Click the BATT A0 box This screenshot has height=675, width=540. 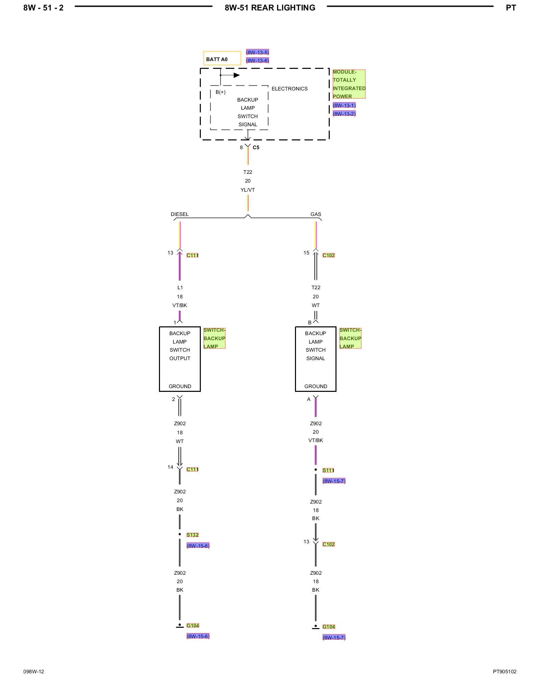tap(222, 58)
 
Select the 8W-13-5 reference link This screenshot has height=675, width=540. tap(258, 52)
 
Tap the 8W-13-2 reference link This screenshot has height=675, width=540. tap(344, 114)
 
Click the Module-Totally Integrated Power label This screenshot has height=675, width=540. tap(349, 84)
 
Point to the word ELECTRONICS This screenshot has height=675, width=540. tap(290, 89)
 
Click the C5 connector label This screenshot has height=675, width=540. tap(256, 147)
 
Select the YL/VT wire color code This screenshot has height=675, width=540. tap(248, 190)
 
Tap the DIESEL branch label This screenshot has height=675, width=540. tap(180, 214)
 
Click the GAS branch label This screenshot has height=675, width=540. tap(316, 214)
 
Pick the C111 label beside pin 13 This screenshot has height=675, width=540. tap(192, 255)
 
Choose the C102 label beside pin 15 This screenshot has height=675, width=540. tap(328, 255)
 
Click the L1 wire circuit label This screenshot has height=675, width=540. tap(180, 288)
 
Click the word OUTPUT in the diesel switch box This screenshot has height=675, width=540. tap(180, 358)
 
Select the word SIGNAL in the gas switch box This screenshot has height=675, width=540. tap(316, 358)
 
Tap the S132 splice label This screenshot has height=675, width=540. tap(192, 535)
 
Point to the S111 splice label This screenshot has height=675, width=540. tap(328, 470)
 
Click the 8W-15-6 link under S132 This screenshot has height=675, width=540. tap(198, 546)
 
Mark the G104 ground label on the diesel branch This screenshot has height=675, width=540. tap(193, 625)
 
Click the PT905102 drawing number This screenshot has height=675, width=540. tap(505, 672)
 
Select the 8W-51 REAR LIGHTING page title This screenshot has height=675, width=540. tap(270, 8)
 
